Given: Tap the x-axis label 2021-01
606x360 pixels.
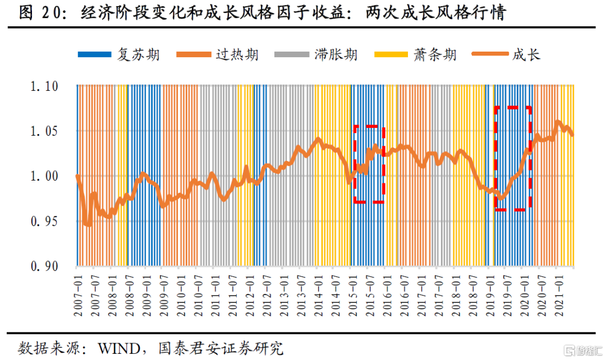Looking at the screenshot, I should tap(556, 292).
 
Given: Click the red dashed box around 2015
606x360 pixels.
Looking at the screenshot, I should tap(369, 164).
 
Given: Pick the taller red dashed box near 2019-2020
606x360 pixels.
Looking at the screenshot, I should tap(512, 158).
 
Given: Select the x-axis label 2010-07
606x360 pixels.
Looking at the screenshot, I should tap(197, 292).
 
